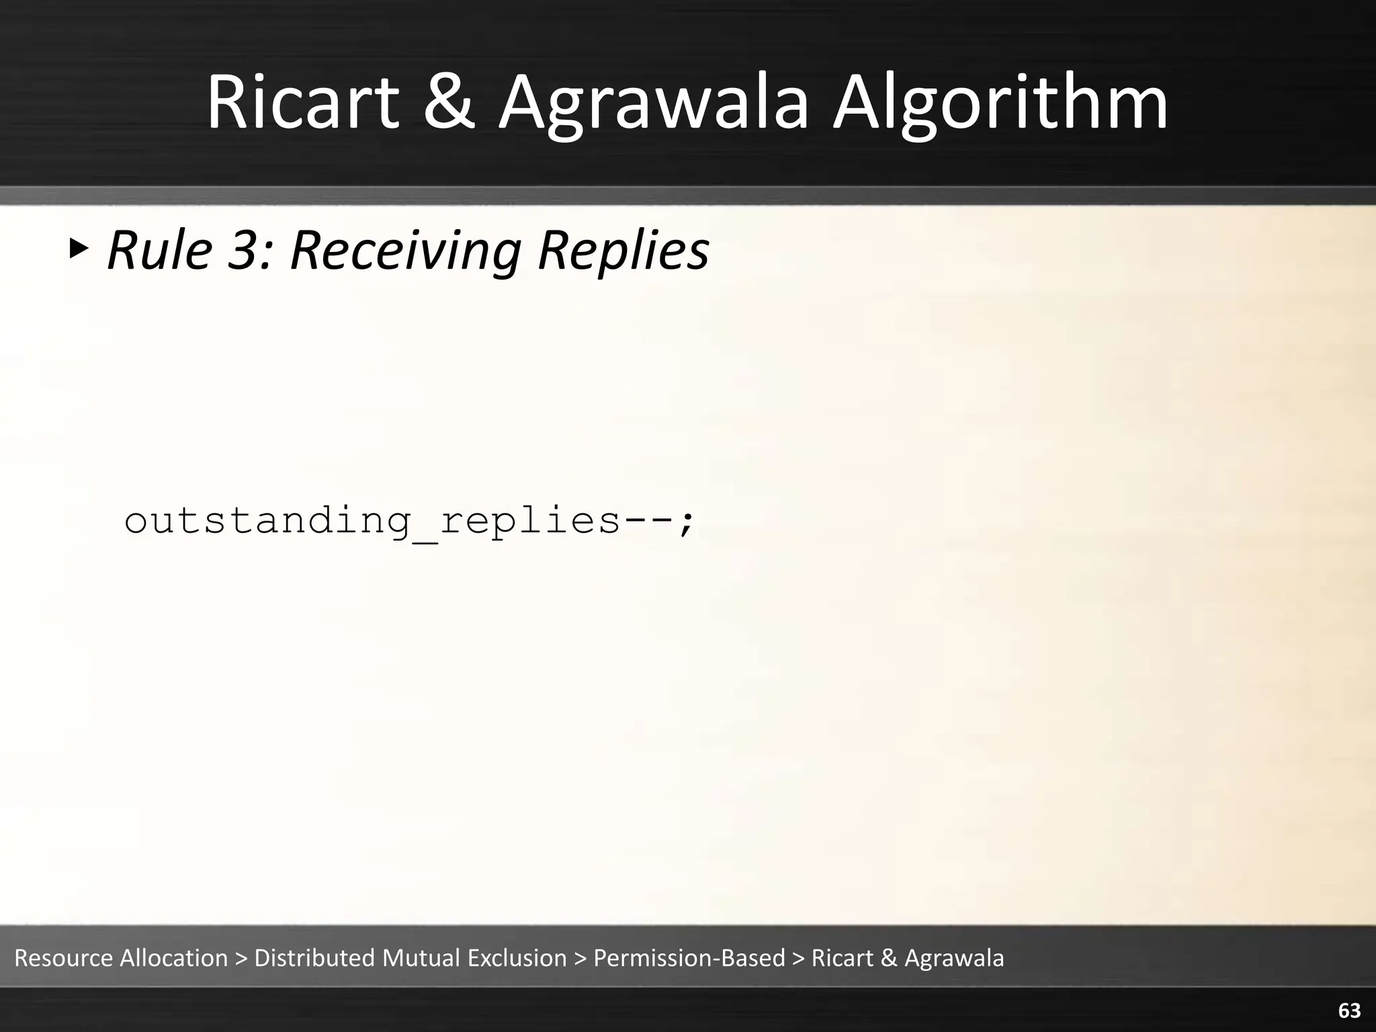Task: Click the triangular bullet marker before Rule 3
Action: coord(79,250)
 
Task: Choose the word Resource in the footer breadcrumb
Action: coord(63,957)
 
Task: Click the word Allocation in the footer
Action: coord(174,957)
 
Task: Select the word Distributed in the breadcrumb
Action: coord(314,957)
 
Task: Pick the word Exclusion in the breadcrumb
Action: coord(517,957)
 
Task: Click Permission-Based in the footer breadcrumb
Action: coord(689,957)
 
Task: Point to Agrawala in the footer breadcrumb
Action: coord(954,957)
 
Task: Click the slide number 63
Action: coord(1349,1010)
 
